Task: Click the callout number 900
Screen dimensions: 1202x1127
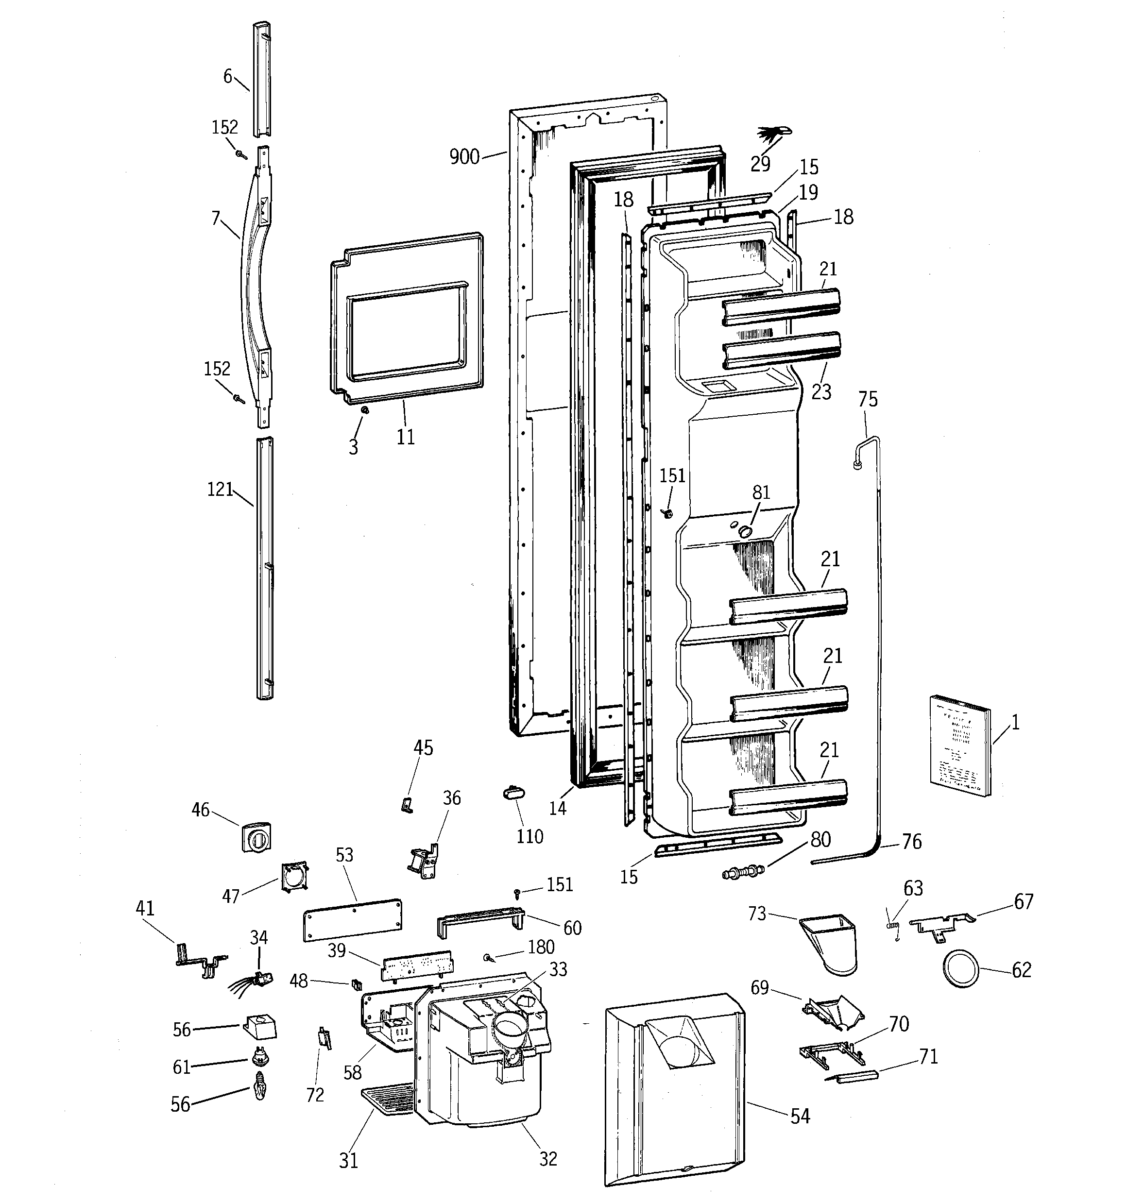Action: pos(464,157)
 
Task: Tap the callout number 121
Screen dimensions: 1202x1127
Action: pos(220,489)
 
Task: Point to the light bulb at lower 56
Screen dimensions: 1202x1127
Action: pos(260,1091)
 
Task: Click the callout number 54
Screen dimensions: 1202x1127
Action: pos(800,1116)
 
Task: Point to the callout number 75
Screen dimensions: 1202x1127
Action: pos(868,399)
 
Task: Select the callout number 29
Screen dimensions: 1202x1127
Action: pos(760,163)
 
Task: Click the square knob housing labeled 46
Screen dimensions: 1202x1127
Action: pos(256,837)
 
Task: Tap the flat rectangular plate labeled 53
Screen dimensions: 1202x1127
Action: pos(352,919)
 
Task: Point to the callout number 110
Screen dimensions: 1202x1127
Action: pos(529,836)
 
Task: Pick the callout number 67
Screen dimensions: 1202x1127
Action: pos(1024,901)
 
